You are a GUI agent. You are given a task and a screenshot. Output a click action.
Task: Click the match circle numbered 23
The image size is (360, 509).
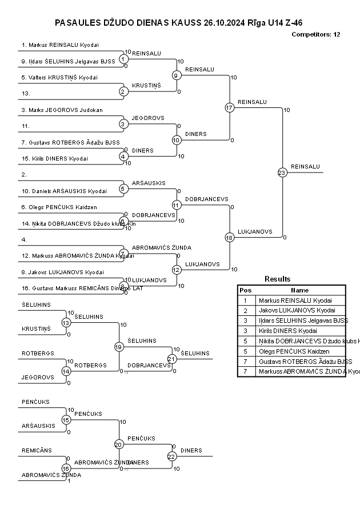[x=282, y=172]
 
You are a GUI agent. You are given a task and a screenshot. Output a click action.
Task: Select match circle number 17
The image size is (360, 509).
[x=229, y=107]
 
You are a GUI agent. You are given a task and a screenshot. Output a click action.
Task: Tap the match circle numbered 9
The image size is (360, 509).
[x=177, y=75]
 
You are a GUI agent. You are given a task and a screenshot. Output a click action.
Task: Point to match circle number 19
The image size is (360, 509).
[x=119, y=347]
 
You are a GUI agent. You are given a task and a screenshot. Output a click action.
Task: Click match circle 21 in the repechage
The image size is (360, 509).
[x=172, y=359]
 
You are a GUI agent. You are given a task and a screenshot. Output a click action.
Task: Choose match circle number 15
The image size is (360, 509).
[x=66, y=420]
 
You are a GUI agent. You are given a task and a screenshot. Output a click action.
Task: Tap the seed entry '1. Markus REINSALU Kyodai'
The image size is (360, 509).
[x=60, y=45]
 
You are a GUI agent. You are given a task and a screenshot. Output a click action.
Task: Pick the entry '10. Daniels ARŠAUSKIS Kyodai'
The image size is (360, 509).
[x=64, y=191]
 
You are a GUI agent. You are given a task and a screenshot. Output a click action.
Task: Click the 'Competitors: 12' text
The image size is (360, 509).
[x=315, y=34]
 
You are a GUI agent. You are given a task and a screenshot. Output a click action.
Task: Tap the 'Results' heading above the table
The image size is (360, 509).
[x=277, y=279]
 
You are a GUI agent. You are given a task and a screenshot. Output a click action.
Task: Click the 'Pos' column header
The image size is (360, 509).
[x=245, y=290]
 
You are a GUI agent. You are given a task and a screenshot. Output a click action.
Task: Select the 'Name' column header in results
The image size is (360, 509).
[x=299, y=290]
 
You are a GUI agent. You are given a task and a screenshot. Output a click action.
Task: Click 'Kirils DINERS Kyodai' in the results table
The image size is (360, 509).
[x=287, y=331]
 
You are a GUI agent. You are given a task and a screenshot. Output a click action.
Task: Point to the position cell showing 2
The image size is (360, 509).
[x=245, y=310]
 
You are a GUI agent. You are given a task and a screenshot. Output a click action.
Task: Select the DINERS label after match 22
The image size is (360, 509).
[x=191, y=450]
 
